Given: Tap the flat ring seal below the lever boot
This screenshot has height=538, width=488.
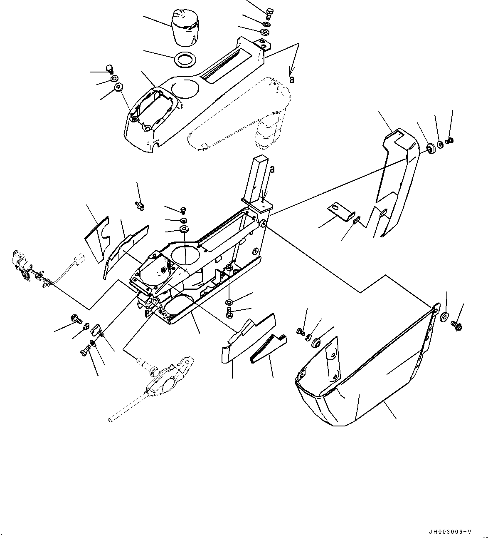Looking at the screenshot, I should pos(184,59).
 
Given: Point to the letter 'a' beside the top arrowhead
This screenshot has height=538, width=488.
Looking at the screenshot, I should pos(292,79).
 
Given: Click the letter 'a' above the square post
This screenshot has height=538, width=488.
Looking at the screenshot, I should pos(272,169).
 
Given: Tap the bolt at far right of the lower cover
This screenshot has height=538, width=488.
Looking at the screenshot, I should pos(457,323).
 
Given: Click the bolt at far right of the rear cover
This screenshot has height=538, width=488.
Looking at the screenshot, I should pos(449,142).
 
